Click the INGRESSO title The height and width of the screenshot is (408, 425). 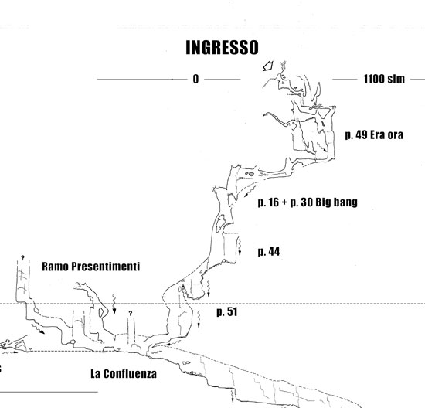pos(222,47)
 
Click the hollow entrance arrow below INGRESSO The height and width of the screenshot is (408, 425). pos(268,66)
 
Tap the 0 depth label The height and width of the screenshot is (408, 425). pos(195,79)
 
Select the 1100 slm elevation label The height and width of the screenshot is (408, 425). pos(384,79)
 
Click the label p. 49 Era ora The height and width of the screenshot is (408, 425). pos(374,134)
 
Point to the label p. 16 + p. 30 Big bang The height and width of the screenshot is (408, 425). pos(308,202)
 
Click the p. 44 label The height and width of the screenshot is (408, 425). pos(269,252)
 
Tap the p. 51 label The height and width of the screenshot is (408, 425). pos(227,311)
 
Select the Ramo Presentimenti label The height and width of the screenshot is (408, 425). pos(91,267)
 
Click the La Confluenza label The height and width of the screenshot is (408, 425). pos(124,373)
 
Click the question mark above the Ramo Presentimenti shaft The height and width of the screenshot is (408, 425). pos(22,258)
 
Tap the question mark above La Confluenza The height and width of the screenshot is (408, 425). pos(131,314)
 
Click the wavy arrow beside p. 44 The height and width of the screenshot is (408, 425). pos(240,246)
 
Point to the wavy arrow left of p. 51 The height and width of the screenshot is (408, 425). pos(199,319)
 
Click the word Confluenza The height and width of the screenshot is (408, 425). pos(130,373)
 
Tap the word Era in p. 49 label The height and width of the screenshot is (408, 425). pos(377,134)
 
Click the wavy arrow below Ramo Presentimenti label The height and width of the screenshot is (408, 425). pos(114,304)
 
